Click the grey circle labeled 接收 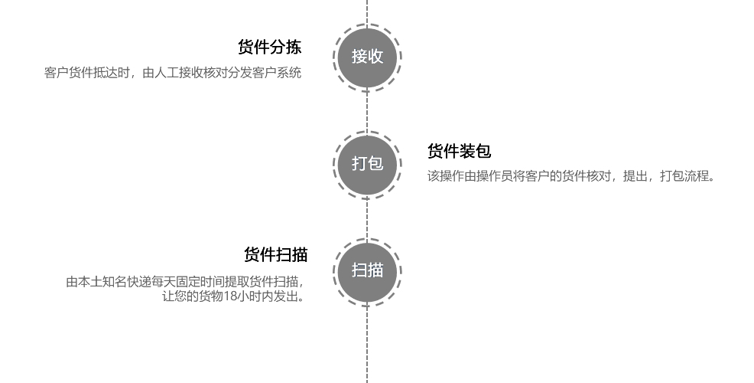[367, 57]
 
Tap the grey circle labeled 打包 [367, 164]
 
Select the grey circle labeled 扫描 [367, 271]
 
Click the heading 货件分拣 [270, 47]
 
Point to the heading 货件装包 [460, 151]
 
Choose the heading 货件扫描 [275, 255]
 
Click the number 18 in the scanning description [230, 296]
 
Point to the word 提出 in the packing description [635, 176]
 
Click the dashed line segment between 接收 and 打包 [367, 111]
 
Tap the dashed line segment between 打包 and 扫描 [367, 218]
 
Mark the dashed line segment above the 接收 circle [367, 11]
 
